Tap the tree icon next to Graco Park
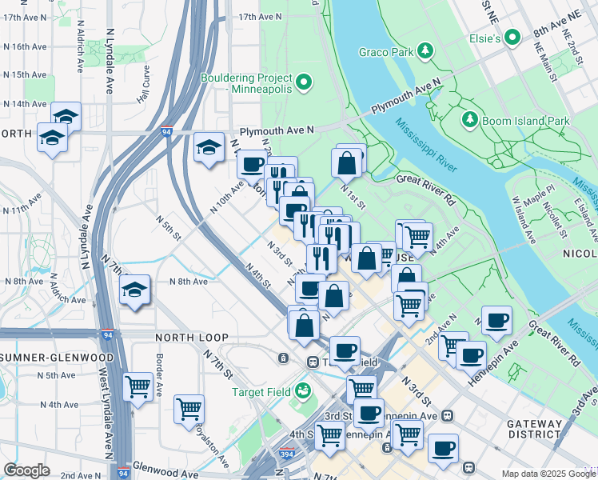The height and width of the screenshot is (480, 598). tap(427, 53)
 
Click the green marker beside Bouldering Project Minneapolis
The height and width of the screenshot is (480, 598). tap(304, 82)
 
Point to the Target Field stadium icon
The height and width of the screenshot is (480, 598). tap(302, 391)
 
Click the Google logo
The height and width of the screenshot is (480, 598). tap(26, 470)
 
